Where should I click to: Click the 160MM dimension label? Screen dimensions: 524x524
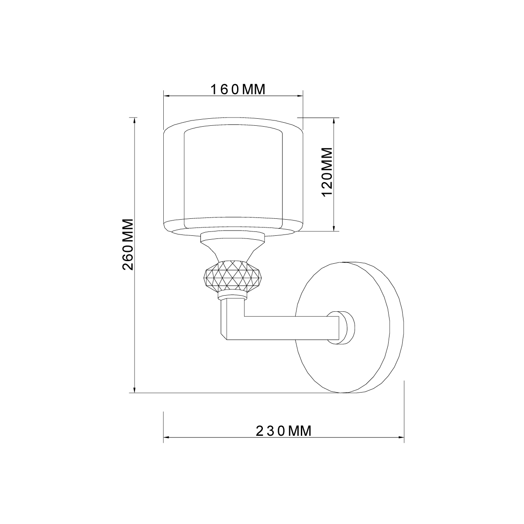[238, 90]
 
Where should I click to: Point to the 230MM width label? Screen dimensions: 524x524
[283, 431]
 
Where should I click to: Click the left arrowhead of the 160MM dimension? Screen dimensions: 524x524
[166, 97]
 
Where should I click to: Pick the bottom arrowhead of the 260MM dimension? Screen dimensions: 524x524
[135, 390]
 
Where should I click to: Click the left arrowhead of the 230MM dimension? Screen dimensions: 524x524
[166, 437]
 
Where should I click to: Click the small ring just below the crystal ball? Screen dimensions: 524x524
[232, 297]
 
